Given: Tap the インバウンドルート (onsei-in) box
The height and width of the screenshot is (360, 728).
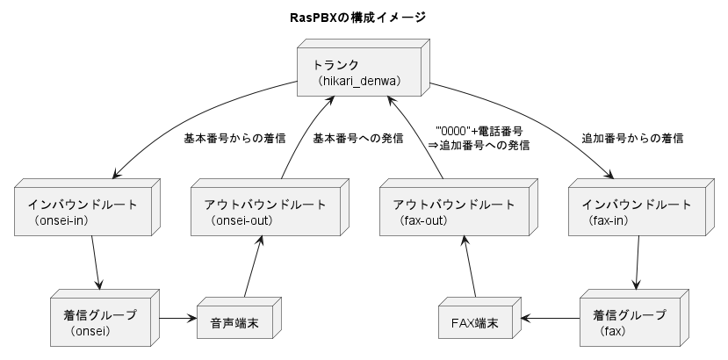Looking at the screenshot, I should coord(83,212).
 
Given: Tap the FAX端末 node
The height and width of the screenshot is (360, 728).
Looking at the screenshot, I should coord(474,322).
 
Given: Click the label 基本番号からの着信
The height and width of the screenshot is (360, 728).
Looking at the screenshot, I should coord(234,139).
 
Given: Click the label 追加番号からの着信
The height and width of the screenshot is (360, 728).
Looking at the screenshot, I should coord(632,139).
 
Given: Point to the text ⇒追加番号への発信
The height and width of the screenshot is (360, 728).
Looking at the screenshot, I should coord(479,146).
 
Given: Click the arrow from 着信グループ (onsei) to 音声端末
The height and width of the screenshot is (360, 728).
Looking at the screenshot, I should coord(179,317).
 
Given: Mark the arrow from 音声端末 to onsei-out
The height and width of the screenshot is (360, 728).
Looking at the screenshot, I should coord(250,268).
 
